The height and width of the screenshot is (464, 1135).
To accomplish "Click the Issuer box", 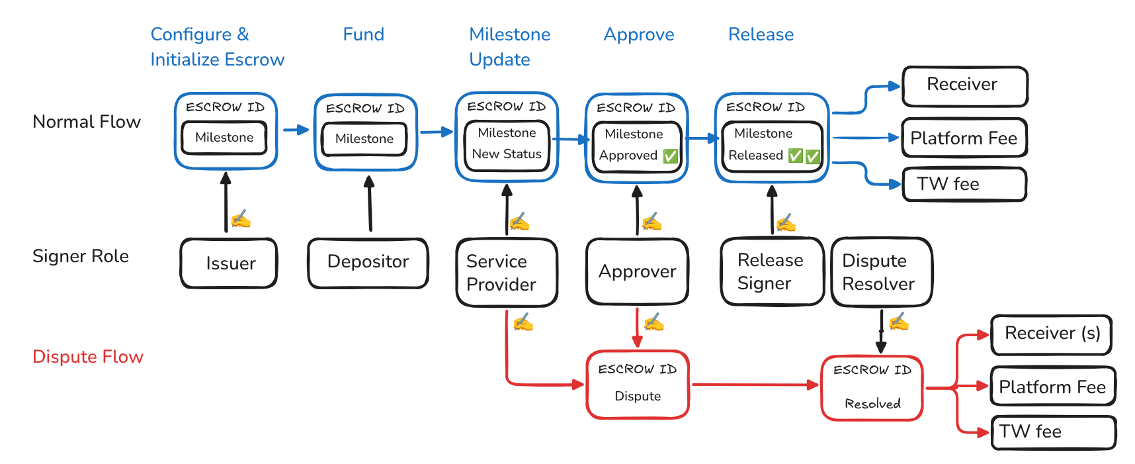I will (x=229, y=263).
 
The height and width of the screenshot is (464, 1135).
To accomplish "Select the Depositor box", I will (x=368, y=262).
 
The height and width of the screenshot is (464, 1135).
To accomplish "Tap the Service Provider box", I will (x=506, y=273).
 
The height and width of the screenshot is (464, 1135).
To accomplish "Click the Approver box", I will (x=637, y=271).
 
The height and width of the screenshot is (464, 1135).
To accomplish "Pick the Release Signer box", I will (x=771, y=271).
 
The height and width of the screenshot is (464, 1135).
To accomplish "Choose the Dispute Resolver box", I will (x=880, y=272).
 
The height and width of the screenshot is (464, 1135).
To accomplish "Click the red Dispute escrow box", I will (x=638, y=385).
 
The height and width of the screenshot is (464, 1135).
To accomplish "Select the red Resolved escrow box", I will (x=872, y=388).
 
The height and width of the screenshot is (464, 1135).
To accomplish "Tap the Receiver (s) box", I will (x=1051, y=334).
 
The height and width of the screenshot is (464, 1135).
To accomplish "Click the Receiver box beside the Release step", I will (x=964, y=85).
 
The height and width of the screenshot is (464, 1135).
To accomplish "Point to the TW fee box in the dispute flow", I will (x=1053, y=432).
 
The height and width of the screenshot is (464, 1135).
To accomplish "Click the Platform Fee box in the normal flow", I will (x=964, y=138).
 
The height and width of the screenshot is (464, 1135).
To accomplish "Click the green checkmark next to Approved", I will (x=670, y=156).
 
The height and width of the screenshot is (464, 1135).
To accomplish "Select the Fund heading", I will (x=363, y=34).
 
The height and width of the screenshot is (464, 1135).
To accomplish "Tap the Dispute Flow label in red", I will (x=88, y=357).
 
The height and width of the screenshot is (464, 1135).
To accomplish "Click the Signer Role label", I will (x=81, y=256).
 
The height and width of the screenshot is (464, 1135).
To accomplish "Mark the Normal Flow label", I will (x=87, y=122).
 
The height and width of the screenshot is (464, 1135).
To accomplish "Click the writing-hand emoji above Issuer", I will (x=240, y=219).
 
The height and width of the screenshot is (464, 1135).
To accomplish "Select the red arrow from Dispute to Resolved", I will (x=754, y=385).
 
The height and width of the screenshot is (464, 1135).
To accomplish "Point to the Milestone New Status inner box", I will (x=507, y=144).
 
